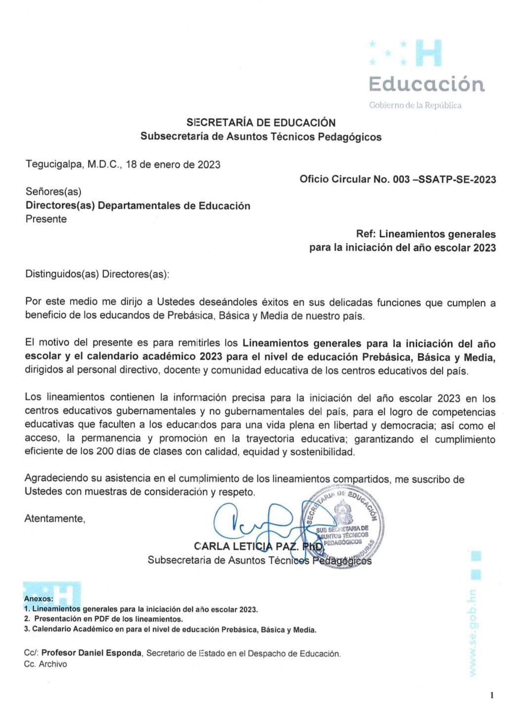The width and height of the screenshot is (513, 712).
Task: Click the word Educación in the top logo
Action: point(427,84)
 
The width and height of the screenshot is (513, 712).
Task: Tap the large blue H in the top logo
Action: point(428,53)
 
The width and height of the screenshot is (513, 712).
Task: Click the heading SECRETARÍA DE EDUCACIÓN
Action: point(260,123)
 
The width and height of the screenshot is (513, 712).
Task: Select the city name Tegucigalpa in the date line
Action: point(54,165)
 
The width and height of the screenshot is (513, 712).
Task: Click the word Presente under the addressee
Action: point(46,219)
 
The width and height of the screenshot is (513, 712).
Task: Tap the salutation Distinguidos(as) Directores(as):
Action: point(97,274)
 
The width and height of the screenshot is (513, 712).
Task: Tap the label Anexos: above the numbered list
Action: point(39,599)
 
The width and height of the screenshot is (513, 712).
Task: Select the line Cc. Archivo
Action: point(45,664)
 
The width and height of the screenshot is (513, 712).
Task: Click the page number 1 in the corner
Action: point(492,696)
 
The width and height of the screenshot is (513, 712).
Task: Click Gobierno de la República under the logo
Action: point(415,105)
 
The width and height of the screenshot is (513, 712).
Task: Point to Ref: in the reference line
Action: point(366,234)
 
